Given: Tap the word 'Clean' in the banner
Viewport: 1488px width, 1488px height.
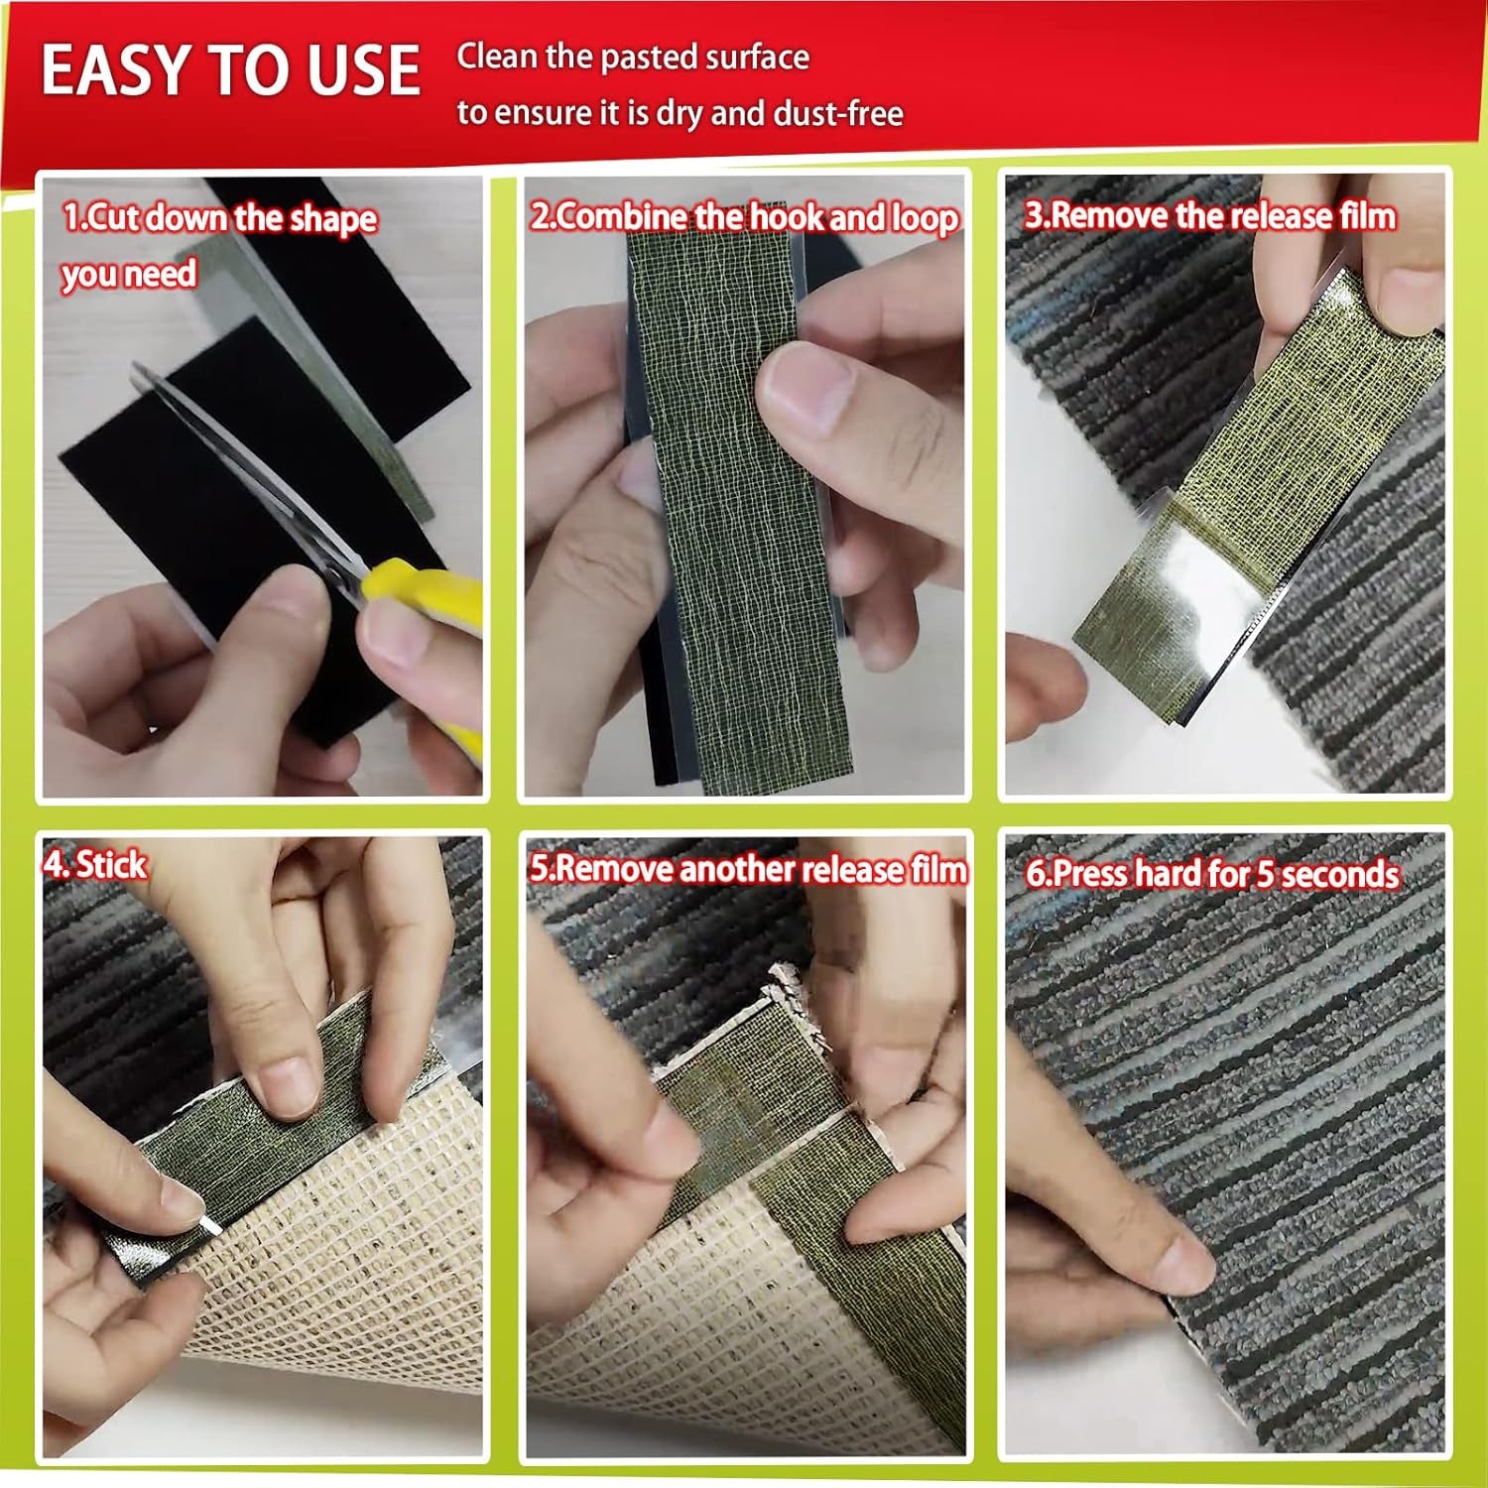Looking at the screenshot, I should (497, 57).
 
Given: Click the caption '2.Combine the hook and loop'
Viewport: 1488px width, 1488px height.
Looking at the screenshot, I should (744, 216).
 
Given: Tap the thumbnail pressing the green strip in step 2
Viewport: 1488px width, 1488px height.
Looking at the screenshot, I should (804, 387).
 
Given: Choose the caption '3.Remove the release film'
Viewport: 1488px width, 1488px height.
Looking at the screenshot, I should (1210, 215).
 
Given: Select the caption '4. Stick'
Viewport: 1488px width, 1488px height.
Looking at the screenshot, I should (95, 864).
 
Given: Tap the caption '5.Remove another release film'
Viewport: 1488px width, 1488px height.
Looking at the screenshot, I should (748, 869).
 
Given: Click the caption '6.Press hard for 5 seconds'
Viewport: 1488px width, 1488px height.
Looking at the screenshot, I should (1212, 873).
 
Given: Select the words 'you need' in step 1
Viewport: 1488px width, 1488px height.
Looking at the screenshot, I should (129, 273).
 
